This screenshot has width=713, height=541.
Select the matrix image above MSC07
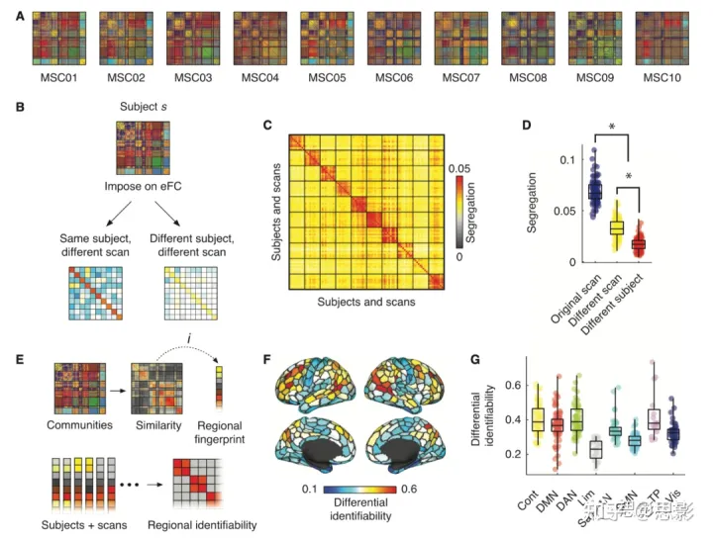(461, 38)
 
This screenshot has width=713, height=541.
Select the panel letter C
(267, 126)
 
